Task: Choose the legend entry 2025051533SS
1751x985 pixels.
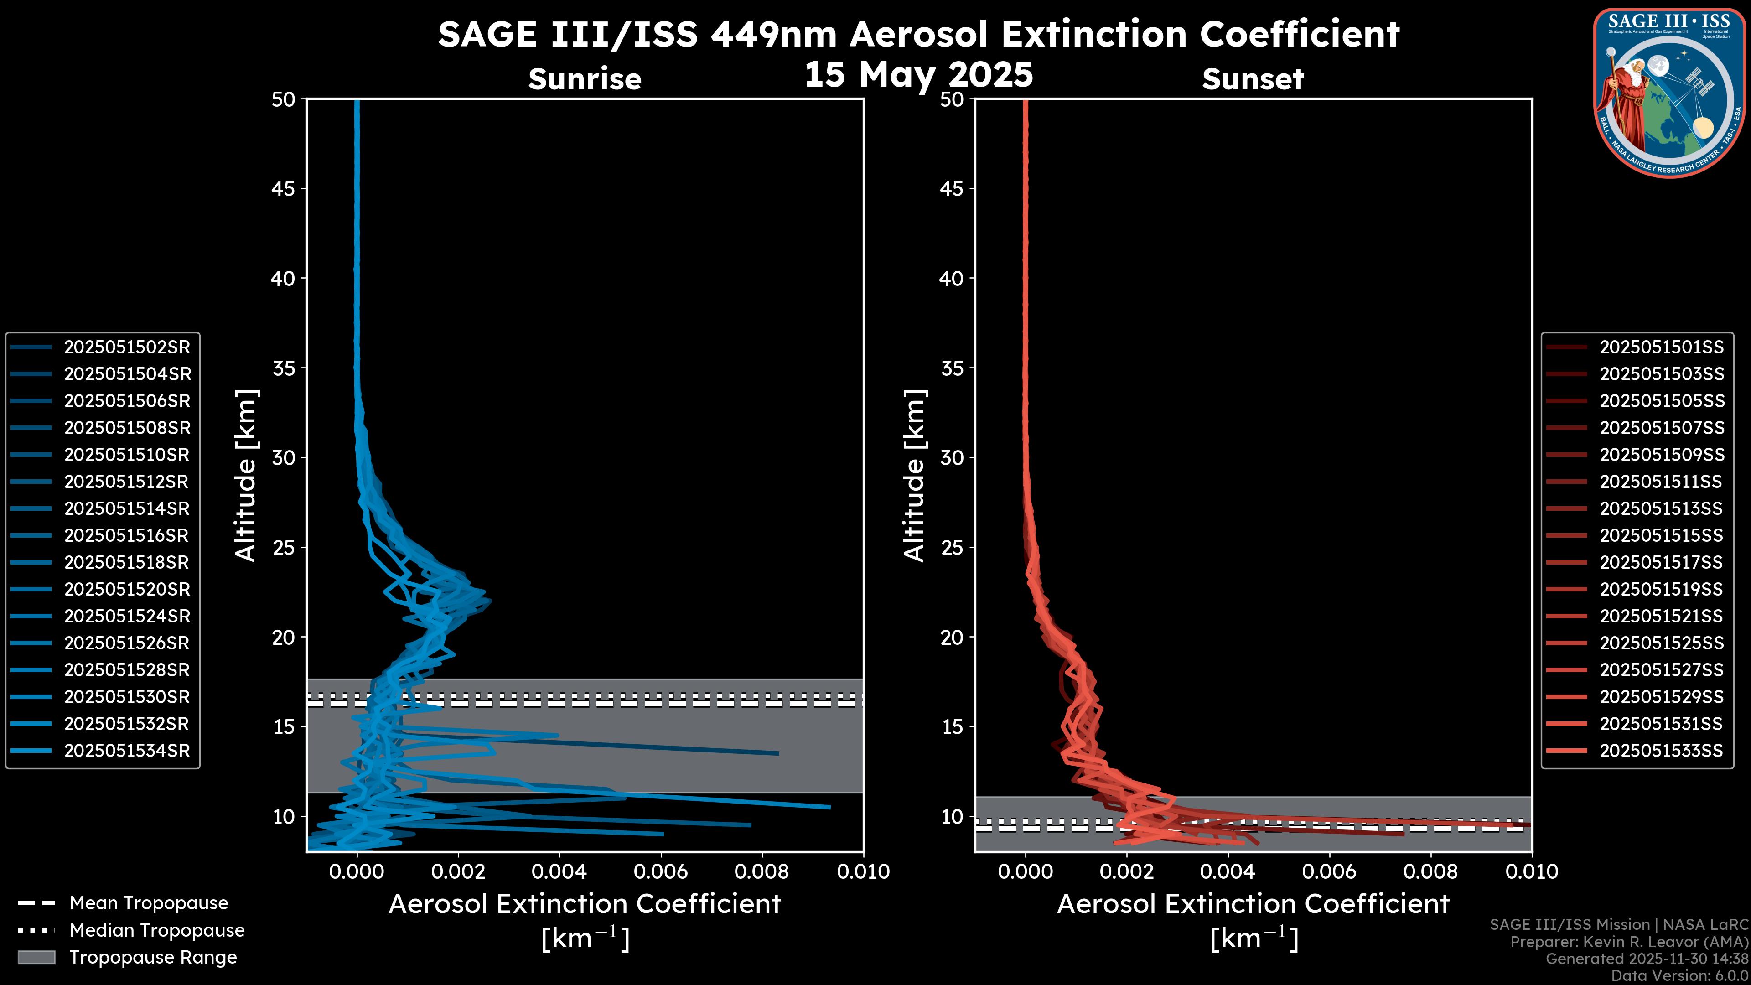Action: [x=1661, y=751]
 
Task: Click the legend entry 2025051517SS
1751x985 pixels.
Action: [x=1661, y=563]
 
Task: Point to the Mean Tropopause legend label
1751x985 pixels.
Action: [x=149, y=903]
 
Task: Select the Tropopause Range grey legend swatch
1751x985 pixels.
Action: [x=36, y=957]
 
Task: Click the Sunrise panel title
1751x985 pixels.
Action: [x=585, y=79]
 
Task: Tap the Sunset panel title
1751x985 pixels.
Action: [x=1253, y=79]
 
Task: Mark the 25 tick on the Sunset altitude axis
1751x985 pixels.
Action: [x=952, y=548]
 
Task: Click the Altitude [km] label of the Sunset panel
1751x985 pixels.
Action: [x=915, y=475]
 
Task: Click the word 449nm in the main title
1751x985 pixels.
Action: [x=773, y=34]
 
